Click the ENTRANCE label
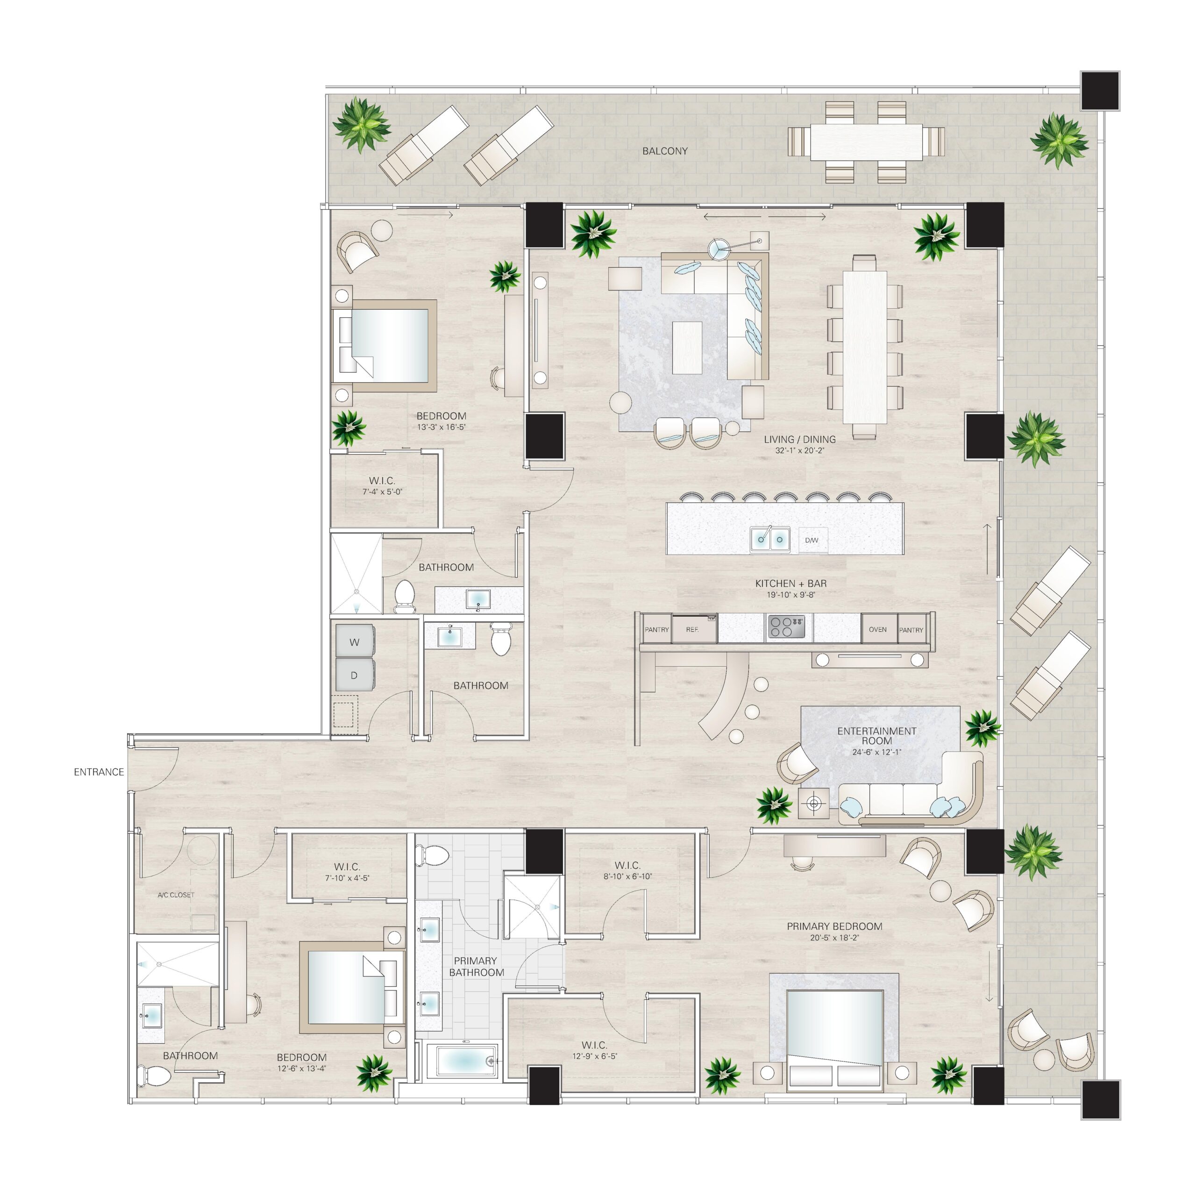pyautogui.click(x=99, y=772)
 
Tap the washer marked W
pyautogui.click(x=355, y=642)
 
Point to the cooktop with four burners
pyautogui.click(x=786, y=627)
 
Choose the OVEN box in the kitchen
pyautogui.click(x=878, y=630)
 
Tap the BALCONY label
pyautogui.click(x=665, y=151)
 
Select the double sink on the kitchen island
pyautogui.click(x=770, y=539)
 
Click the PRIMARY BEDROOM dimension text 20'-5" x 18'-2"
pyautogui.click(x=834, y=938)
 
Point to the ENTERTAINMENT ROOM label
pyautogui.click(x=876, y=735)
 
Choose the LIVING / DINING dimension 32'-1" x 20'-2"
pyautogui.click(x=800, y=451)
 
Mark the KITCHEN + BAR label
pyautogui.click(x=790, y=584)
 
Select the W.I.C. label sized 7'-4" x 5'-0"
pyautogui.click(x=382, y=486)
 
